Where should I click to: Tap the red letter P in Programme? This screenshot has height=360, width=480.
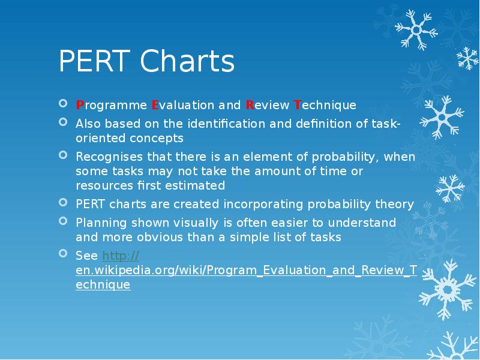pos(79,106)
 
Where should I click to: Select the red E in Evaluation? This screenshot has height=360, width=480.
pos(155,106)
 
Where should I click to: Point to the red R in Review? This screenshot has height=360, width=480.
pos(249,106)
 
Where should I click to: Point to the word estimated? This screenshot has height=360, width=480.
pos(197,186)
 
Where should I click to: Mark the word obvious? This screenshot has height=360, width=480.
pos(147,238)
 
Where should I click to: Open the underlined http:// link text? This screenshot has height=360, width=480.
pos(121,256)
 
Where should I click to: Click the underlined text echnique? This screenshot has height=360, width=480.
pos(103,285)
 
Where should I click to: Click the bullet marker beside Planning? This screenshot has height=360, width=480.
pos(64,221)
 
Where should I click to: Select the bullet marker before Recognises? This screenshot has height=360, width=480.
pos(64,156)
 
